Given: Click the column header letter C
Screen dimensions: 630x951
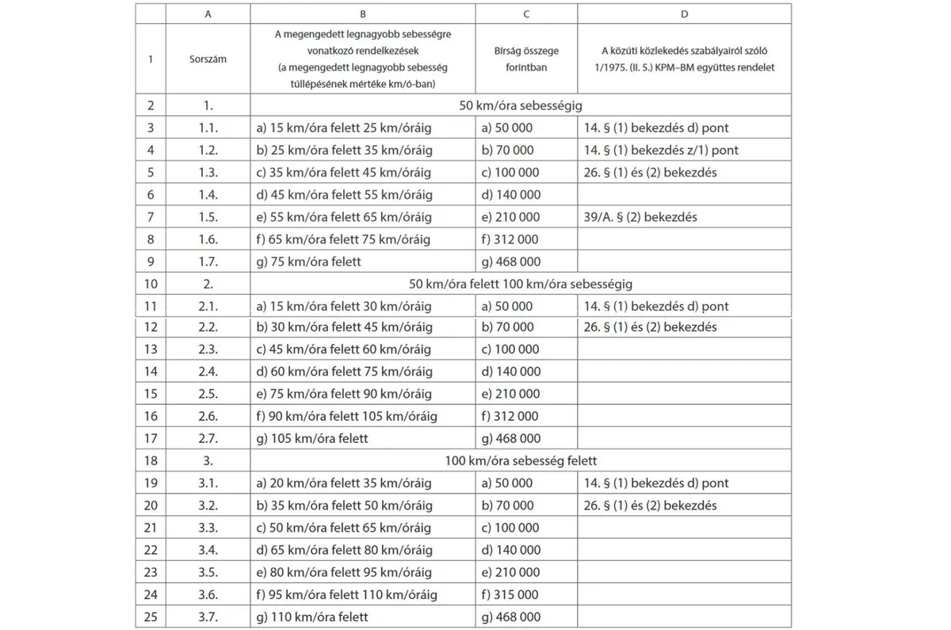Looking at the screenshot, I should coord(526,14).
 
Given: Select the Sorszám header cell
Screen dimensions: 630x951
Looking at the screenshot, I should coord(208,59).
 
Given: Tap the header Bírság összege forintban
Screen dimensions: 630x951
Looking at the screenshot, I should coord(526,59).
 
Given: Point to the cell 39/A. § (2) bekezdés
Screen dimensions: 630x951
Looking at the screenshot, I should coord(640,216).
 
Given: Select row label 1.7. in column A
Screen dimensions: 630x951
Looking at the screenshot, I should coord(208,262).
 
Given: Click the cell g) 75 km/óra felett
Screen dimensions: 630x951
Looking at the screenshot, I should coord(308,262).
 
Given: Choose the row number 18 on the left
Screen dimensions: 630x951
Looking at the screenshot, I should coord(151,460).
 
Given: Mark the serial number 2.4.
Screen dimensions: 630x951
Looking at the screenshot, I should coord(208,372).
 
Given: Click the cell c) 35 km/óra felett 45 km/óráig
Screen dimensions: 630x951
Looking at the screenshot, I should coord(344,172).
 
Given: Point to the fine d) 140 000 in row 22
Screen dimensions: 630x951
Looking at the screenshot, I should coord(510,550).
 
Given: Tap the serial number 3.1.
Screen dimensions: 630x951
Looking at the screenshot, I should coord(208,483).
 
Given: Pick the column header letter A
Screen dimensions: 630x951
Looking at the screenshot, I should coord(208,14).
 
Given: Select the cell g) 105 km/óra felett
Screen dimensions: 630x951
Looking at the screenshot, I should coord(312,438).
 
